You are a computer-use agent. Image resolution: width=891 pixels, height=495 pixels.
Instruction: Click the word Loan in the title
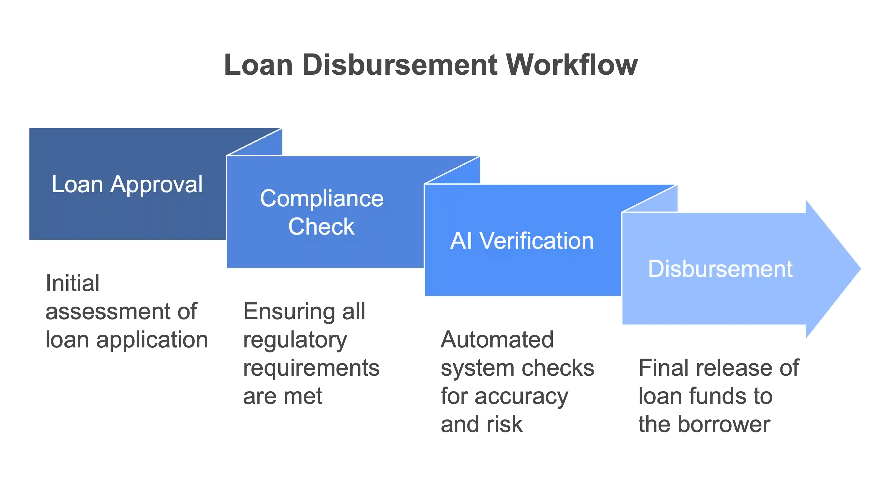tap(258, 65)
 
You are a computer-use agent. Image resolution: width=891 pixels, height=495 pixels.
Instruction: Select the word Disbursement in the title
tap(401, 65)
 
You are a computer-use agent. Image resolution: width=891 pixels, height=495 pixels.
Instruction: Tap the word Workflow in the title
tap(572, 65)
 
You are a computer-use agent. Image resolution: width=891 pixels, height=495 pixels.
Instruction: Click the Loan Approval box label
tap(127, 184)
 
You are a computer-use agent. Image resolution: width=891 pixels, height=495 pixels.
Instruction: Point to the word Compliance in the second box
tap(322, 199)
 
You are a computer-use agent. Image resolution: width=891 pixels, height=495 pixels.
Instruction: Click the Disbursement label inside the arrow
tap(720, 269)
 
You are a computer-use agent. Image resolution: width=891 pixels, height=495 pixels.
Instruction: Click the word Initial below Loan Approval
tap(73, 283)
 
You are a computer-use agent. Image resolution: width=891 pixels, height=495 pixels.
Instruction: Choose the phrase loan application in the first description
tap(127, 340)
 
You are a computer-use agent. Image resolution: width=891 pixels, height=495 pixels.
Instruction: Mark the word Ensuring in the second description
tap(289, 311)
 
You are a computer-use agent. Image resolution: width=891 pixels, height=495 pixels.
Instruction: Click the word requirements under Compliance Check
tap(311, 368)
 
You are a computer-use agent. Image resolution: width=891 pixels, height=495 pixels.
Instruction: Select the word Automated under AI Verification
tap(496, 339)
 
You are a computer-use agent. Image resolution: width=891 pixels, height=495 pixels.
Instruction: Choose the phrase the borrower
tap(705, 424)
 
